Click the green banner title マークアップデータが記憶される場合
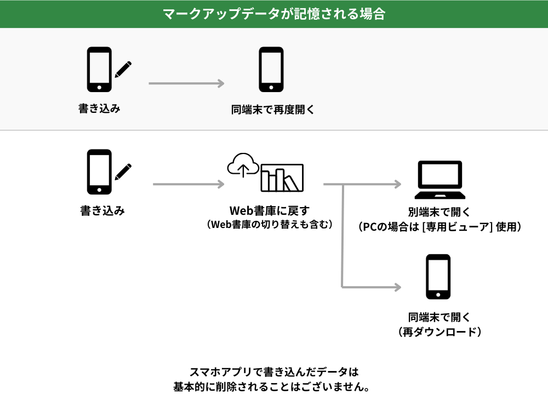point(273,14)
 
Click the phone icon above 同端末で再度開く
point(271,69)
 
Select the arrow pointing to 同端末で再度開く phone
point(186,83)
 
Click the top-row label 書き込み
point(99,108)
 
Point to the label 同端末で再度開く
point(273,109)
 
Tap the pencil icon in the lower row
point(123,172)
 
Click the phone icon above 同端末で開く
point(438,277)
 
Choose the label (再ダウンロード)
point(439,332)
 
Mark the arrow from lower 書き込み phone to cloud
point(189,184)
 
